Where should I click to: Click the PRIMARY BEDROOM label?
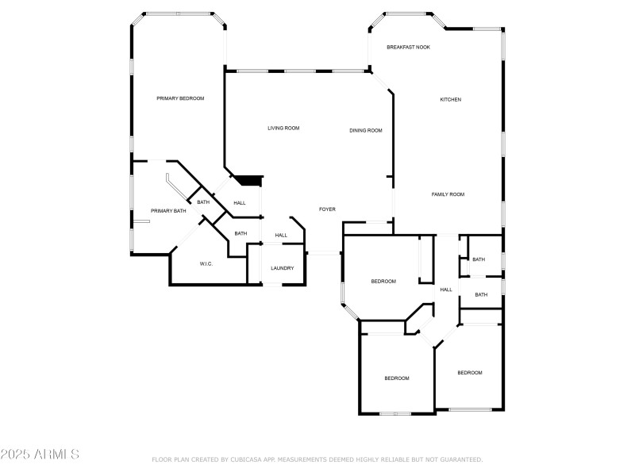coord(180,98)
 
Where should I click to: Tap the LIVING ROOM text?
coord(283,128)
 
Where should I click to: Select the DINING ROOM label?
coord(366,130)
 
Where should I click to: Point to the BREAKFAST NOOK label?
coord(408,48)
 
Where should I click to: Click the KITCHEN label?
coord(451,99)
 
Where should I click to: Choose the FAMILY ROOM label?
coord(448,194)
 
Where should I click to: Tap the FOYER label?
coord(327,209)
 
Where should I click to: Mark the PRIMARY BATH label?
coord(168,211)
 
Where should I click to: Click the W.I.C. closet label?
coord(206,264)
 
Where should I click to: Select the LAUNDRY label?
coord(282,268)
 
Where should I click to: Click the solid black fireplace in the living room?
coord(249,181)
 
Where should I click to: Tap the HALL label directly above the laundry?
coord(281,236)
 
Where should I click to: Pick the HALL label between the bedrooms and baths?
coord(446,290)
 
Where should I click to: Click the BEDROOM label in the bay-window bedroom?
coord(383,282)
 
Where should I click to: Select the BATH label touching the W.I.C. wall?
coord(241,233)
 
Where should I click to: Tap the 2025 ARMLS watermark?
coord(40,455)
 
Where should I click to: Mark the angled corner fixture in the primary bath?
coord(175,185)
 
